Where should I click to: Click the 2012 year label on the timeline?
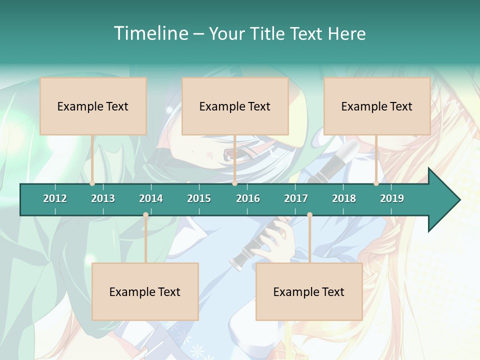click(55, 198)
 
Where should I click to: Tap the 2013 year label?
click(103, 198)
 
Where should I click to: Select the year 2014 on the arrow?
click(151, 198)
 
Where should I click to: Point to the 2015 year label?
click(199, 198)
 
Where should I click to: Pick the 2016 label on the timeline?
click(248, 198)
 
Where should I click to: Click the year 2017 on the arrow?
click(296, 198)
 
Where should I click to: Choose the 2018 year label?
click(344, 198)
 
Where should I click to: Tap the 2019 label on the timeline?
click(392, 198)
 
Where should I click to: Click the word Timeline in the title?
click(150, 33)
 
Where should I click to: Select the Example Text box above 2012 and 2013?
click(93, 106)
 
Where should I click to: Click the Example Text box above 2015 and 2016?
click(235, 106)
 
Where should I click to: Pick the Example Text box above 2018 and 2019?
click(377, 106)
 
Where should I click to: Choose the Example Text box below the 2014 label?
click(145, 291)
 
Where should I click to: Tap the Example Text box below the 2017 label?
click(309, 291)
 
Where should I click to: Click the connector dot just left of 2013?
click(92, 183)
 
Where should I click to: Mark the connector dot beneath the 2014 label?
click(145, 215)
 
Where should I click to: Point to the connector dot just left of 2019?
click(376, 183)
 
